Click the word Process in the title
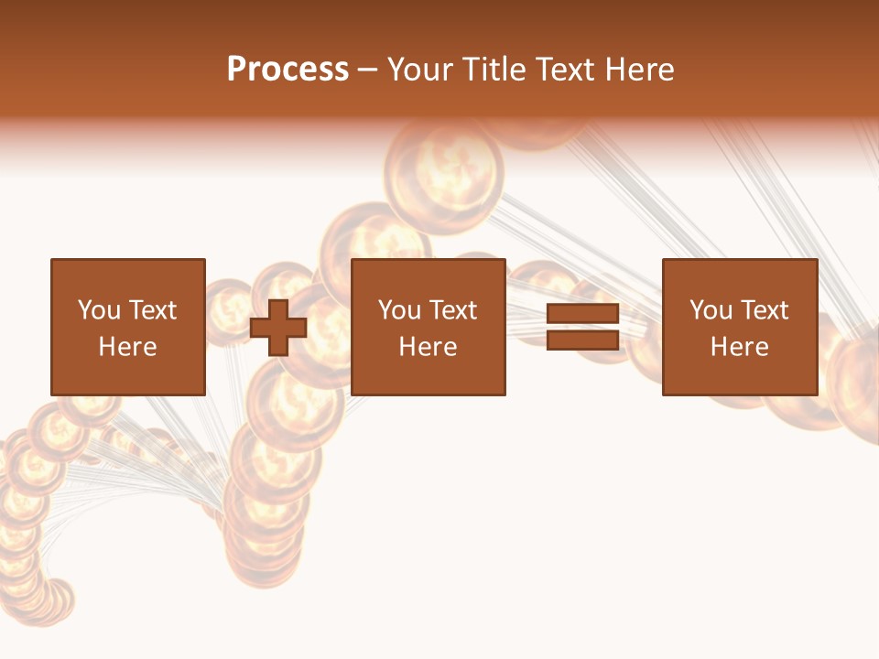288,70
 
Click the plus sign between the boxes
278,327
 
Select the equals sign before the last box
582,327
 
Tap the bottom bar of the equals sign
582,340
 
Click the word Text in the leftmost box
152,310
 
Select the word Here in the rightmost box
739,347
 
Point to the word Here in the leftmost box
127,347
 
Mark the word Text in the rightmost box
764,310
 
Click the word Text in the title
562,70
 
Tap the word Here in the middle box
428,347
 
